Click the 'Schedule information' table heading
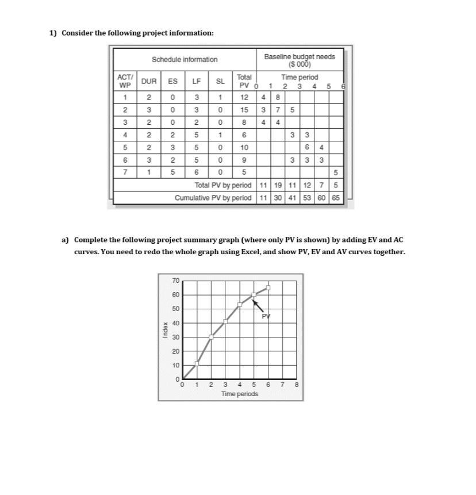point(185,60)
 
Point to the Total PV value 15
point(244,109)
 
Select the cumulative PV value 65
point(336,198)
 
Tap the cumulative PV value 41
point(292,198)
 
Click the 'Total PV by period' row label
point(223,186)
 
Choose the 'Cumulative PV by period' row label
point(213,198)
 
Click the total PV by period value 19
point(278,186)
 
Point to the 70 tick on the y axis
point(176,281)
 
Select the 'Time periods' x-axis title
point(240,394)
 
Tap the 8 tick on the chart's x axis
point(296,385)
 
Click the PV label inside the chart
point(266,316)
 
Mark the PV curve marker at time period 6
point(268,288)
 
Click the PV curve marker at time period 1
point(197,363)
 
